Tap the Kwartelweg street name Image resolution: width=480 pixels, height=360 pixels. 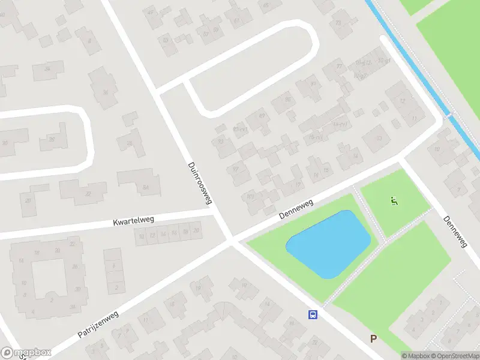(x=133, y=221)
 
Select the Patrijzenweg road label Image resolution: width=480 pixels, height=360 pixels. (x=98, y=324)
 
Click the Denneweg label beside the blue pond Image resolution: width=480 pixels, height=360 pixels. (x=296, y=209)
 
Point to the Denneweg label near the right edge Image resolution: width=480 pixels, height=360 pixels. (x=454, y=231)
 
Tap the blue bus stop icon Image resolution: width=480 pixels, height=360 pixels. (x=312, y=314)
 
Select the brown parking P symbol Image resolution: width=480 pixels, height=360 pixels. (x=373, y=339)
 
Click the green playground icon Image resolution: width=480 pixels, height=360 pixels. (x=394, y=201)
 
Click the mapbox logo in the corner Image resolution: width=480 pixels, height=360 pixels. (x=26, y=353)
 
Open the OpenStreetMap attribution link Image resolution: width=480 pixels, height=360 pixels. (x=455, y=355)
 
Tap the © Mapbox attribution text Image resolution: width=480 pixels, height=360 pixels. (x=416, y=355)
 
